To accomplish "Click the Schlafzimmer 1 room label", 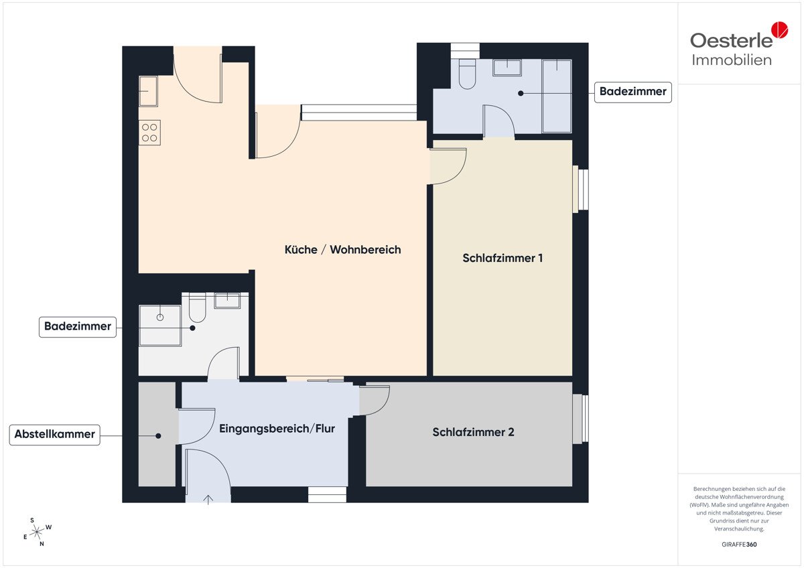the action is (x=503, y=258).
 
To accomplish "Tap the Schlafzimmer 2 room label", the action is (x=473, y=432).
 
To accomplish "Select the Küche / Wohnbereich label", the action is (x=342, y=249).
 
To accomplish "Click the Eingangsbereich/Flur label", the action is (x=277, y=429).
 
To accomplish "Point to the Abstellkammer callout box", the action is (x=54, y=435).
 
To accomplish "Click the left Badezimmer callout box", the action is (x=78, y=327).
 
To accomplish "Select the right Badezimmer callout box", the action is (x=632, y=92).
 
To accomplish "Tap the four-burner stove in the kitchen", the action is (x=149, y=133).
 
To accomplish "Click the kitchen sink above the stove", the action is (x=148, y=91).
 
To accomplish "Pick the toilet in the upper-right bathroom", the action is (x=467, y=74).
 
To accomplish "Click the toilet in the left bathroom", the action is (x=197, y=307).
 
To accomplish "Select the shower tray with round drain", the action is (x=160, y=326).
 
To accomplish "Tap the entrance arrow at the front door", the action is (x=208, y=500).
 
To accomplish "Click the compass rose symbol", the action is (x=37, y=532).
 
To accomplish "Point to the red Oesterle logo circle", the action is (x=780, y=29).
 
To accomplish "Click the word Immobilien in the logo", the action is (x=732, y=60).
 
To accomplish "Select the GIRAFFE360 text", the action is (x=739, y=545).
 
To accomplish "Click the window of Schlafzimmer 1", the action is (x=581, y=190).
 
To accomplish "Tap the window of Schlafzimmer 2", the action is (x=581, y=419).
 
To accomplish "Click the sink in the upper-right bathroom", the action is (x=507, y=68).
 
